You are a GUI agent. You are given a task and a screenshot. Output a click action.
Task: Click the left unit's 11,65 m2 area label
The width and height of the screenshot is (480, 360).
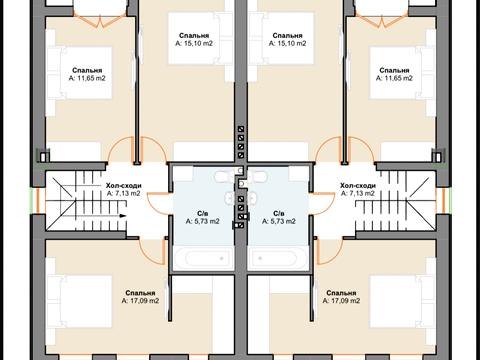pos(87,78)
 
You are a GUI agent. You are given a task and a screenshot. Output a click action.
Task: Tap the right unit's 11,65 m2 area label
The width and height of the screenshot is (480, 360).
pos(394,78)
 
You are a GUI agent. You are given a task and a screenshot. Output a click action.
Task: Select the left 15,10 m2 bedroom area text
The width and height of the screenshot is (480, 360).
pos(194,43)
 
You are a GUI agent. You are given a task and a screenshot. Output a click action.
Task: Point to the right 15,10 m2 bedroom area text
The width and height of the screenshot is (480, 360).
pos(287,43)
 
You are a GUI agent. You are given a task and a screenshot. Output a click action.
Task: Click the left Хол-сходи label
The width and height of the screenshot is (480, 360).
pos(124,186)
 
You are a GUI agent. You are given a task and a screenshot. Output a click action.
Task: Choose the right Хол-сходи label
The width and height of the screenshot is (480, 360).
pos(358,186)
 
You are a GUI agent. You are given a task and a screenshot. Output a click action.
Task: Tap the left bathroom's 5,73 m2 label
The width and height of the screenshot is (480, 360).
pos(203,221)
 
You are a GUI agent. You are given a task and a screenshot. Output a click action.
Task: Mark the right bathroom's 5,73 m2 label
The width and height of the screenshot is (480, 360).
pos(279,221)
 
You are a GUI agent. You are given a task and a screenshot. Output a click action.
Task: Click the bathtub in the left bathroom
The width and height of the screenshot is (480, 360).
pos(203,258)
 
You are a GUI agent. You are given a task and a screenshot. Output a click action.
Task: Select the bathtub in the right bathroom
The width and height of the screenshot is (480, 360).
pos(277,258)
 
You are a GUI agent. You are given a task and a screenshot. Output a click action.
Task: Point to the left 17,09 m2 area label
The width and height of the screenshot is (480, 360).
pos(140,301)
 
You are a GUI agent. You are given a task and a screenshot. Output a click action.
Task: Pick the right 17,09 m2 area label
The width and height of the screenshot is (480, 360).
pos(341,301)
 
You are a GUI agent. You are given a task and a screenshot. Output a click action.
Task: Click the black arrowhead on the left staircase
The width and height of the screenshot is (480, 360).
pos(123,216)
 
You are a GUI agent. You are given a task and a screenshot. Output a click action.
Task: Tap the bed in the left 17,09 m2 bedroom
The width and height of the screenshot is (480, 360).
pos(80,301)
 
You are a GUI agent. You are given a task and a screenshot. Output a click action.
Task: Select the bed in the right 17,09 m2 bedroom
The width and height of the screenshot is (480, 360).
pos(402,301)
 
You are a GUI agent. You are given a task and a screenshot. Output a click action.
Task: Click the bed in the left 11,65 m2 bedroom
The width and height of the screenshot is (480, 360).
pos(80,73)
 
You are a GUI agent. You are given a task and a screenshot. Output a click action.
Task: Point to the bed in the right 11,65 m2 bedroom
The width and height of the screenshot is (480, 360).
pos(402,73)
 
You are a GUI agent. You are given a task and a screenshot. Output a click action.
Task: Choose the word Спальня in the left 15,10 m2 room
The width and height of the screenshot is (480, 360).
pos(194,36)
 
